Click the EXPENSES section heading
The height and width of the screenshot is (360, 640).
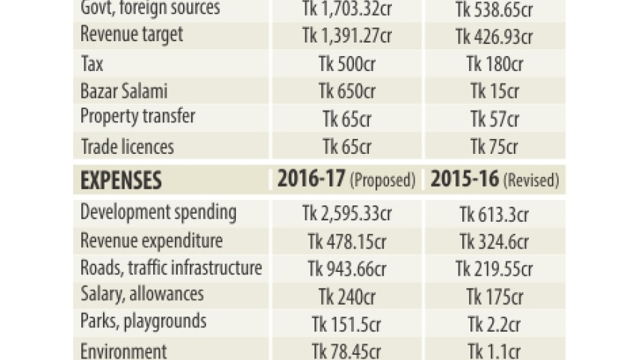121,180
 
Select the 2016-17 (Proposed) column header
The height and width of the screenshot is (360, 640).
347,179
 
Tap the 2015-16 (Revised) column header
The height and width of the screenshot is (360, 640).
494,179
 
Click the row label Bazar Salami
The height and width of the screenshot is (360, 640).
124,90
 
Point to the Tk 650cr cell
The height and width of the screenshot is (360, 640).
347,91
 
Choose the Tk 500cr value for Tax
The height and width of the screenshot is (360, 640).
347,63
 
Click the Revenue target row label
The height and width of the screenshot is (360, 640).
132,35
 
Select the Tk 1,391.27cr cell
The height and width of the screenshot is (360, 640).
347,36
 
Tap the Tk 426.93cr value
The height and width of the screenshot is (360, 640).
494,37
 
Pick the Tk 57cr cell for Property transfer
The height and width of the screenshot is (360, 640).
494,120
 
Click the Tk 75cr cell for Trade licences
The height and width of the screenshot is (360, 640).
494,146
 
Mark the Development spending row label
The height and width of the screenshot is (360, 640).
158,213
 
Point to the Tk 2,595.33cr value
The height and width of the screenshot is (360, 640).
347,214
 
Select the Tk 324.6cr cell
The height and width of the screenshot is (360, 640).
494,241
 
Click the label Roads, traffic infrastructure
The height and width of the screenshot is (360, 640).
171,268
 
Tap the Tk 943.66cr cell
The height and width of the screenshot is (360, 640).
347,269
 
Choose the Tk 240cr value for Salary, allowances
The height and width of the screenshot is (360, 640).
347,297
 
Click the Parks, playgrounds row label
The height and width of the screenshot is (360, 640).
143,322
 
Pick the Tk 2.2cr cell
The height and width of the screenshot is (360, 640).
494,324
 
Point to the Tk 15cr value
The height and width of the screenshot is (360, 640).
494,91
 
